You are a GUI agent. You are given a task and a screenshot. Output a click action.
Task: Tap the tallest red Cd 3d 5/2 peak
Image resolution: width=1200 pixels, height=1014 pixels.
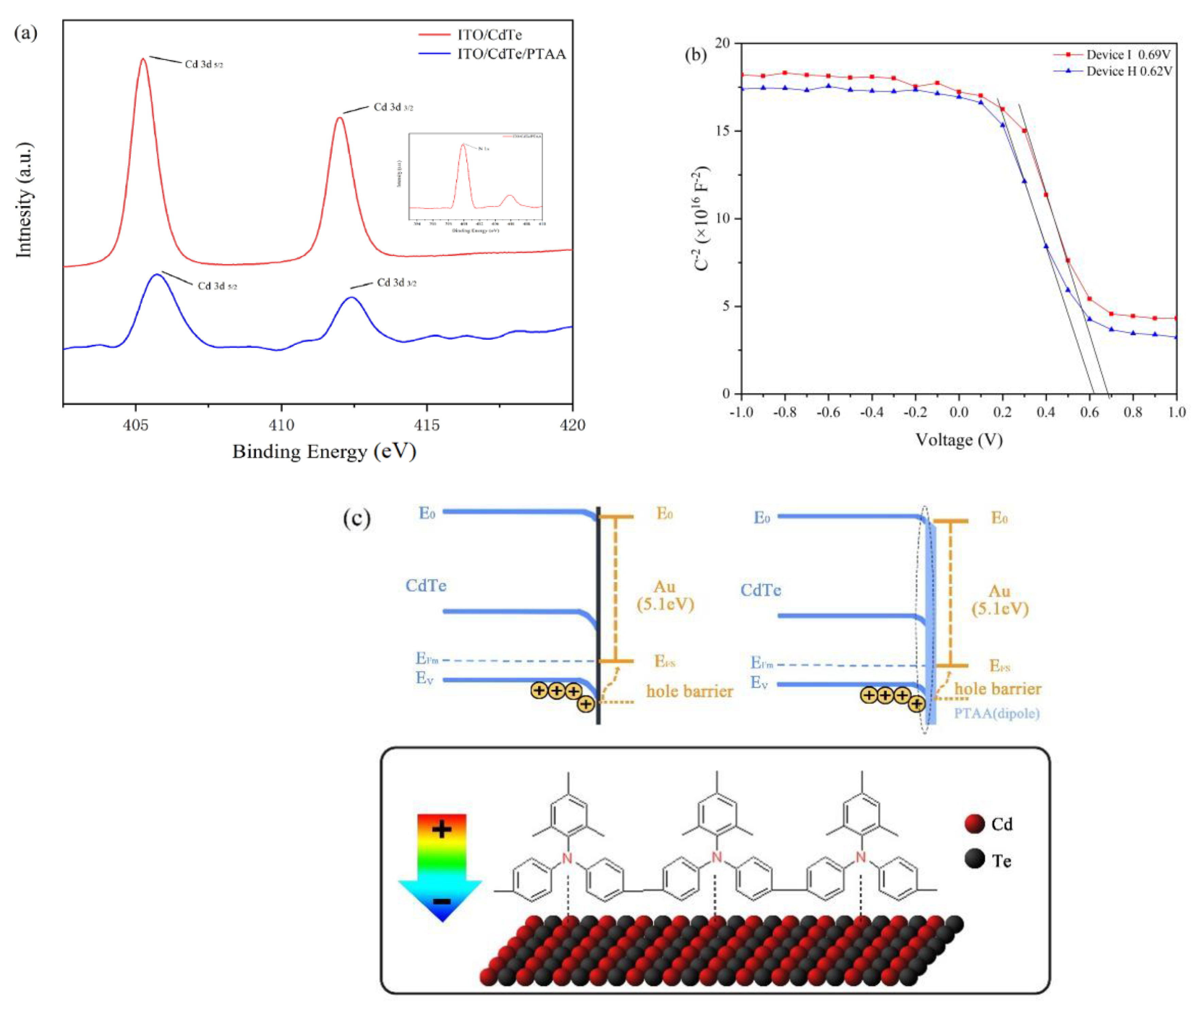[x=143, y=60]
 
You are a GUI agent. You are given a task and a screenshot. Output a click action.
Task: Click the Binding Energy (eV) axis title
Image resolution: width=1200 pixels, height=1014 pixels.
[x=324, y=451]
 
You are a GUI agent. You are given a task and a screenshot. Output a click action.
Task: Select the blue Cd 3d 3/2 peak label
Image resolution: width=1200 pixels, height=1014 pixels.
[x=397, y=283]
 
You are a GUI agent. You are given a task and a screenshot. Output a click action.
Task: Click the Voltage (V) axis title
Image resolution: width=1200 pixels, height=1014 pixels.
[x=959, y=440]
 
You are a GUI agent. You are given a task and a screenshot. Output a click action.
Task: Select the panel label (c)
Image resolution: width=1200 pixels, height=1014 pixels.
[x=356, y=518]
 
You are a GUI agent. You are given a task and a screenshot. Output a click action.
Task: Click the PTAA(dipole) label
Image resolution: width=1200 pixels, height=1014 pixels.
[x=997, y=714]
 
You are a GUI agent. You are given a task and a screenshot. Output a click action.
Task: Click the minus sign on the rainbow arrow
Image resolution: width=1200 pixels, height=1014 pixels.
[x=441, y=901]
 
